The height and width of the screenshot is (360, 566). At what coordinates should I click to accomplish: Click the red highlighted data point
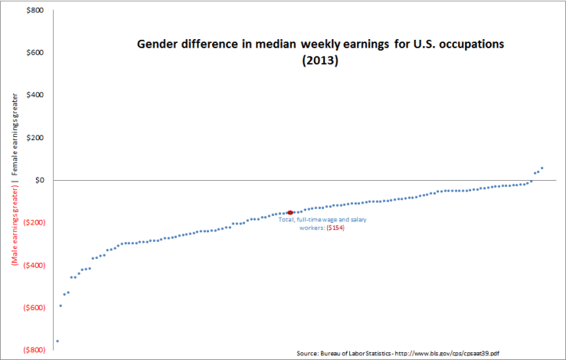tap(290, 212)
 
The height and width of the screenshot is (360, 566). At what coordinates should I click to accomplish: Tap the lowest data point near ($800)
tap(57, 341)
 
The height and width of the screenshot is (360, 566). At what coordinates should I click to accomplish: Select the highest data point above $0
tap(541, 168)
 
